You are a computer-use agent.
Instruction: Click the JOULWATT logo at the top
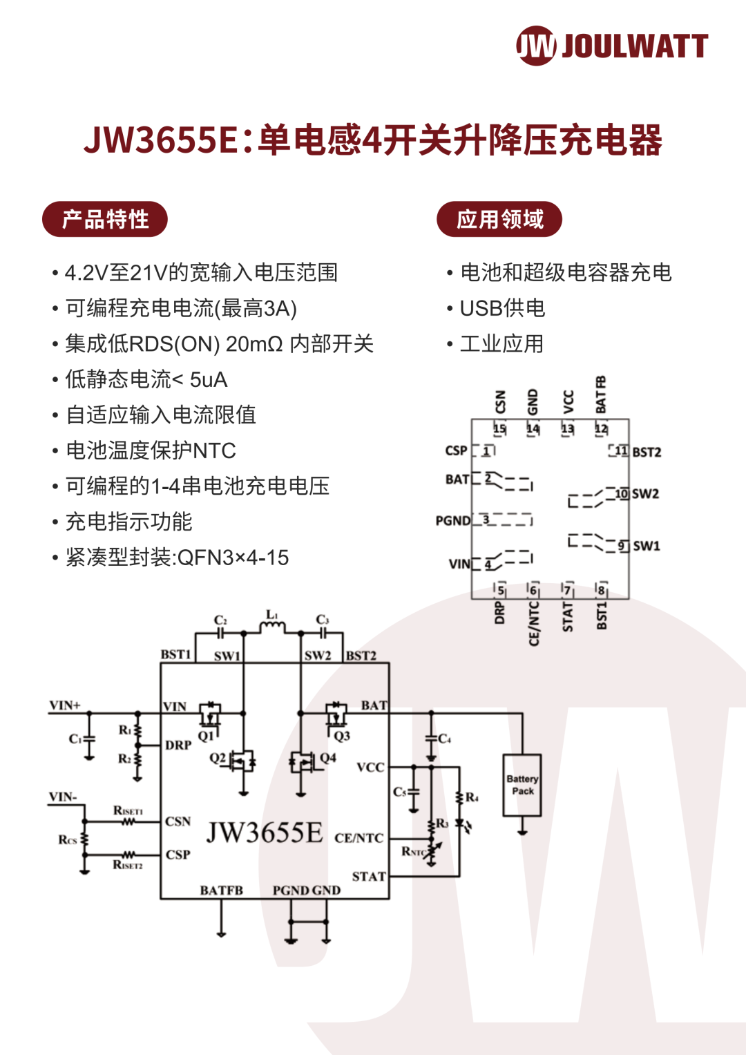point(612,46)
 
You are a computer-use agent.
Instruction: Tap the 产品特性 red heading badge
point(105,219)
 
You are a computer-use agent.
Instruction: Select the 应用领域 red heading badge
point(499,219)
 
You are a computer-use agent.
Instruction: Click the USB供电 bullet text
point(502,308)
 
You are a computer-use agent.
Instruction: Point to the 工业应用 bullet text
point(501,343)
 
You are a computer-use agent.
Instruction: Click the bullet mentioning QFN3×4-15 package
point(177,558)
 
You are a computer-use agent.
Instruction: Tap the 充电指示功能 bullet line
point(128,522)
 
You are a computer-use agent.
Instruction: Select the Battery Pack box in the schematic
point(522,785)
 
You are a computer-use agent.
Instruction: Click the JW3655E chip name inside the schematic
point(265,833)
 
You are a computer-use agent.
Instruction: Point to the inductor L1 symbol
point(272,626)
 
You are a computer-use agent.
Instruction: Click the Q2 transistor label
point(218,758)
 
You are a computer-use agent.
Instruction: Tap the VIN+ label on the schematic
point(65,705)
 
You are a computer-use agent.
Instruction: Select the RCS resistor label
point(67,840)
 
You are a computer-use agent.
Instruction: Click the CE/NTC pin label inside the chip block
point(358,838)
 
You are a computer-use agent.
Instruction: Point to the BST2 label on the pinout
point(647,453)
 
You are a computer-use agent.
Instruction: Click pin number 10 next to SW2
point(621,493)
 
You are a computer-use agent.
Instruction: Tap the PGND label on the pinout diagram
point(452,520)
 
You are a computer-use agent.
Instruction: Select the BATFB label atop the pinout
point(601,395)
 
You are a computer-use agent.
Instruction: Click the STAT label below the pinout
point(568,616)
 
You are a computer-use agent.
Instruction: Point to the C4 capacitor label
point(444,739)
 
